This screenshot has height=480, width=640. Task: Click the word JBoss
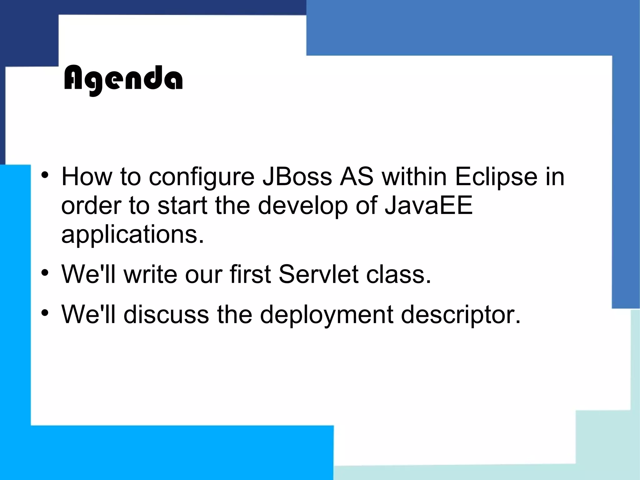[297, 177]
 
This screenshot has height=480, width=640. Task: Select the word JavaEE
[428, 205]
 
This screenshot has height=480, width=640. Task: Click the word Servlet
[318, 274]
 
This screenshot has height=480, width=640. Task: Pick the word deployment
[326, 315]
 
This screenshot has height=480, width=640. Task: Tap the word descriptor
[461, 315]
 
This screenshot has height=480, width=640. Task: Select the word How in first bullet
[87, 177]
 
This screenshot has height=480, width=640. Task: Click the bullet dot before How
[45, 175]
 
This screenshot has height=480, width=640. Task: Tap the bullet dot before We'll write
[45, 273]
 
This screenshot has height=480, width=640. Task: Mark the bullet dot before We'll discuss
[45, 313]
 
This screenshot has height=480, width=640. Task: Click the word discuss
[166, 314]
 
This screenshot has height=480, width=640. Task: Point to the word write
[150, 274]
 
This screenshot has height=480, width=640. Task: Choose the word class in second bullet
[398, 274]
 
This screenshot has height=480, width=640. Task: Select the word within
[414, 177]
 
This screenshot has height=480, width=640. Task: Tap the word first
[250, 274]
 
